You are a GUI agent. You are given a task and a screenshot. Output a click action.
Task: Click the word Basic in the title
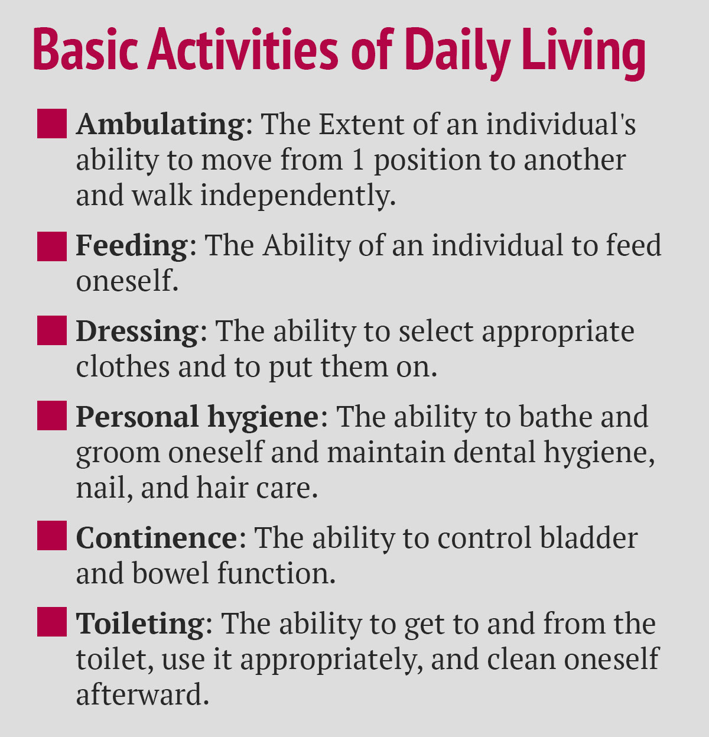click(x=86, y=49)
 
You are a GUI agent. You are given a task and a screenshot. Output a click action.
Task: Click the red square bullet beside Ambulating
click(x=52, y=124)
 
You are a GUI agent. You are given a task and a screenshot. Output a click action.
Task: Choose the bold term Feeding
click(x=132, y=245)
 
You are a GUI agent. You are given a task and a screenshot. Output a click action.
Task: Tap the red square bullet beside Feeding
click(x=52, y=246)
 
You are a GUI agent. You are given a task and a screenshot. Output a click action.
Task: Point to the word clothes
click(x=123, y=366)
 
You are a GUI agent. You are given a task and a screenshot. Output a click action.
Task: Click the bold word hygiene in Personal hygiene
click(x=263, y=417)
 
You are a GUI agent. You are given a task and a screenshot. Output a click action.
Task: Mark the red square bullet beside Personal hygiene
click(x=52, y=415)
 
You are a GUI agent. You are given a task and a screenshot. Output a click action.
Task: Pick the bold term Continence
click(x=157, y=537)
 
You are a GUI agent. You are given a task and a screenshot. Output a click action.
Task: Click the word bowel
click(x=171, y=573)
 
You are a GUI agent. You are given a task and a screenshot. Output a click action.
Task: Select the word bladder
click(x=588, y=537)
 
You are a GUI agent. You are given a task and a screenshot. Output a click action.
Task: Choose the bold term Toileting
click(x=140, y=624)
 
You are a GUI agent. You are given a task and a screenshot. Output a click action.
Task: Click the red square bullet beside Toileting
click(x=52, y=622)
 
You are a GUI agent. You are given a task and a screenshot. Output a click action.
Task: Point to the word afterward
click(x=143, y=693)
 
